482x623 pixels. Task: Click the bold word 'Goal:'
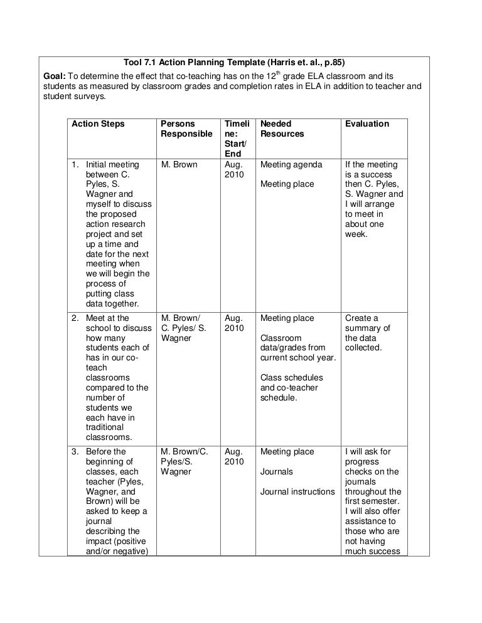[x=55, y=75]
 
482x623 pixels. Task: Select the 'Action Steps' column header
[x=98, y=124]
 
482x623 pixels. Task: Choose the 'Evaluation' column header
[x=367, y=124]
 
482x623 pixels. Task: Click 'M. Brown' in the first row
[x=179, y=165]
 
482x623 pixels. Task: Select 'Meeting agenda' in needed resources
[x=291, y=165]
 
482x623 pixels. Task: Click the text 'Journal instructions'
[x=297, y=492]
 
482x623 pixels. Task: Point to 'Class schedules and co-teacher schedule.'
[x=292, y=388]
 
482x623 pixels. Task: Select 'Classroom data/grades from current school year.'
[x=298, y=348]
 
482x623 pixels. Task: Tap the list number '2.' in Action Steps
[x=74, y=318]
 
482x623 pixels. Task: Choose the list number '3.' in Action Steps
[x=74, y=452]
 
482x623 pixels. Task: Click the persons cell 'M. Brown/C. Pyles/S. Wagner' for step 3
[x=185, y=462]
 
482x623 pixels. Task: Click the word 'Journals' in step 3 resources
[x=277, y=472]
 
